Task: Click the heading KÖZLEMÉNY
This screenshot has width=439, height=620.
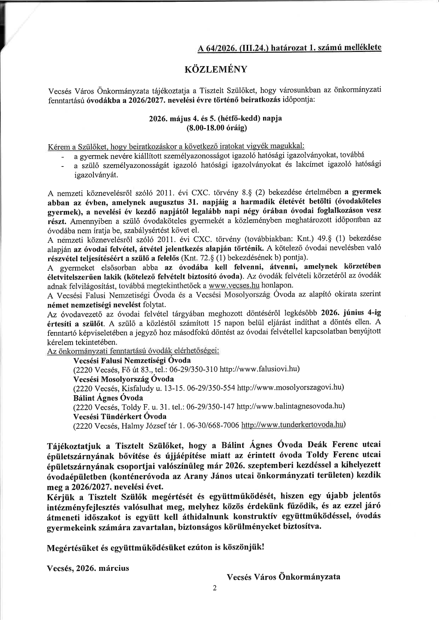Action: tap(216, 69)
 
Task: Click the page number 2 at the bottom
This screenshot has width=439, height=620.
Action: tap(215, 588)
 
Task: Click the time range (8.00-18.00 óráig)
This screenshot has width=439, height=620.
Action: tap(216, 128)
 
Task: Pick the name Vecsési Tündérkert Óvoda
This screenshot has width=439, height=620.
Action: tap(120, 416)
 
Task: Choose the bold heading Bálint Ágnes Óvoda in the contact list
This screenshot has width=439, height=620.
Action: tap(108, 398)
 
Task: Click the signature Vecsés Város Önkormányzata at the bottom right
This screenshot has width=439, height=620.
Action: tap(283, 577)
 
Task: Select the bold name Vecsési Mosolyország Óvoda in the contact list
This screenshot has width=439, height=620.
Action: tap(123, 379)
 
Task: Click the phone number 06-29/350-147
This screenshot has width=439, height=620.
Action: tap(211, 407)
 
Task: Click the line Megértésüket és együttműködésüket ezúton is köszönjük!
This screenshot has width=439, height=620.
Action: tap(155, 548)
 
